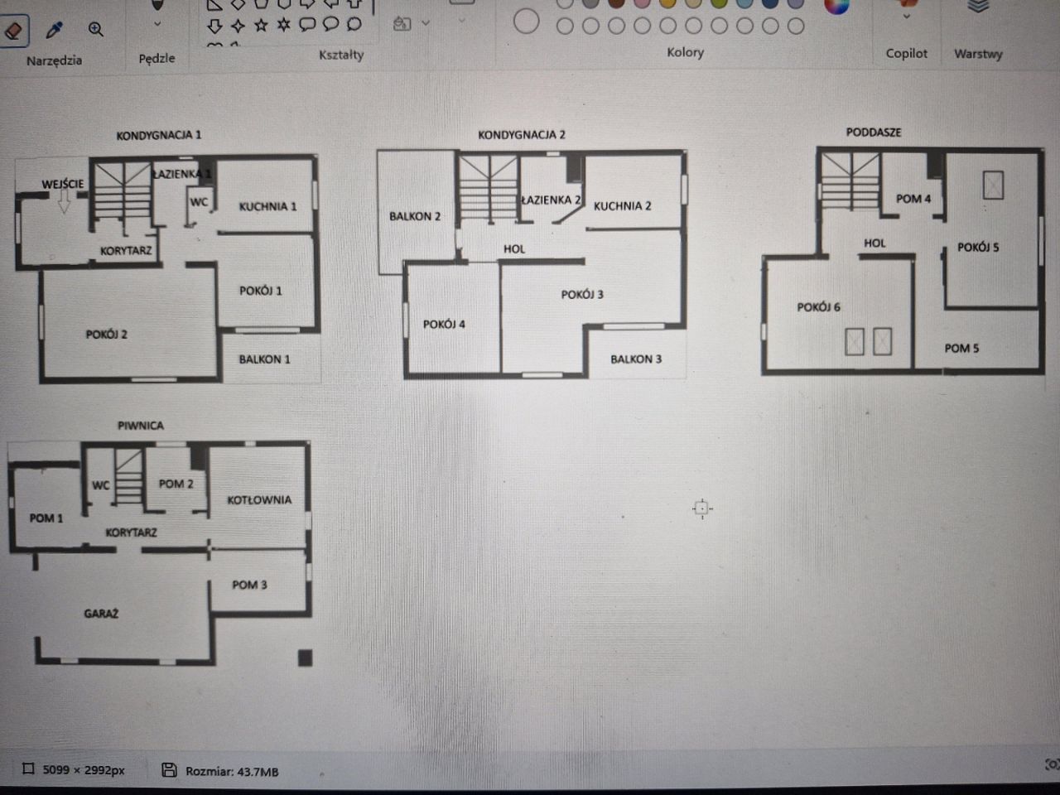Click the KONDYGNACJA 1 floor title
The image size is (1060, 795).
coord(159,135)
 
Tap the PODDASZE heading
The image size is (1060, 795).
coord(874,132)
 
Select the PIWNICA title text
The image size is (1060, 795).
coord(141,426)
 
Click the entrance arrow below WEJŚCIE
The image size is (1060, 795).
coord(65,201)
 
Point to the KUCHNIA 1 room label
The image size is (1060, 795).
coord(268,206)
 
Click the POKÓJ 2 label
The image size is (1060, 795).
coord(107,334)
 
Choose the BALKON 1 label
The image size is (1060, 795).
coord(265,359)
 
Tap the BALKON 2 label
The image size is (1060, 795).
coord(415,216)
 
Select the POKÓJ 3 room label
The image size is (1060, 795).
coord(582,295)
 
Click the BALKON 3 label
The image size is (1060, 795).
coord(636,359)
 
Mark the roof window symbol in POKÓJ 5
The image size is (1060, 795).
coord(994,185)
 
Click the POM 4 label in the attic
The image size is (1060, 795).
coord(913,199)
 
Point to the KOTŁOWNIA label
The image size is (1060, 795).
coord(259,500)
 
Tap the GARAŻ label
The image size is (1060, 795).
coord(101,614)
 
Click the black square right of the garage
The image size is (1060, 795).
coord(306,658)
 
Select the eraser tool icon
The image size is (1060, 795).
coord(13,31)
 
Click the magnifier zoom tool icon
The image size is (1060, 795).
coord(95,30)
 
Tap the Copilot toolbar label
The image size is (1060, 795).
coord(907,54)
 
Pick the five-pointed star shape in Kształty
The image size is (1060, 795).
coord(261,25)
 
